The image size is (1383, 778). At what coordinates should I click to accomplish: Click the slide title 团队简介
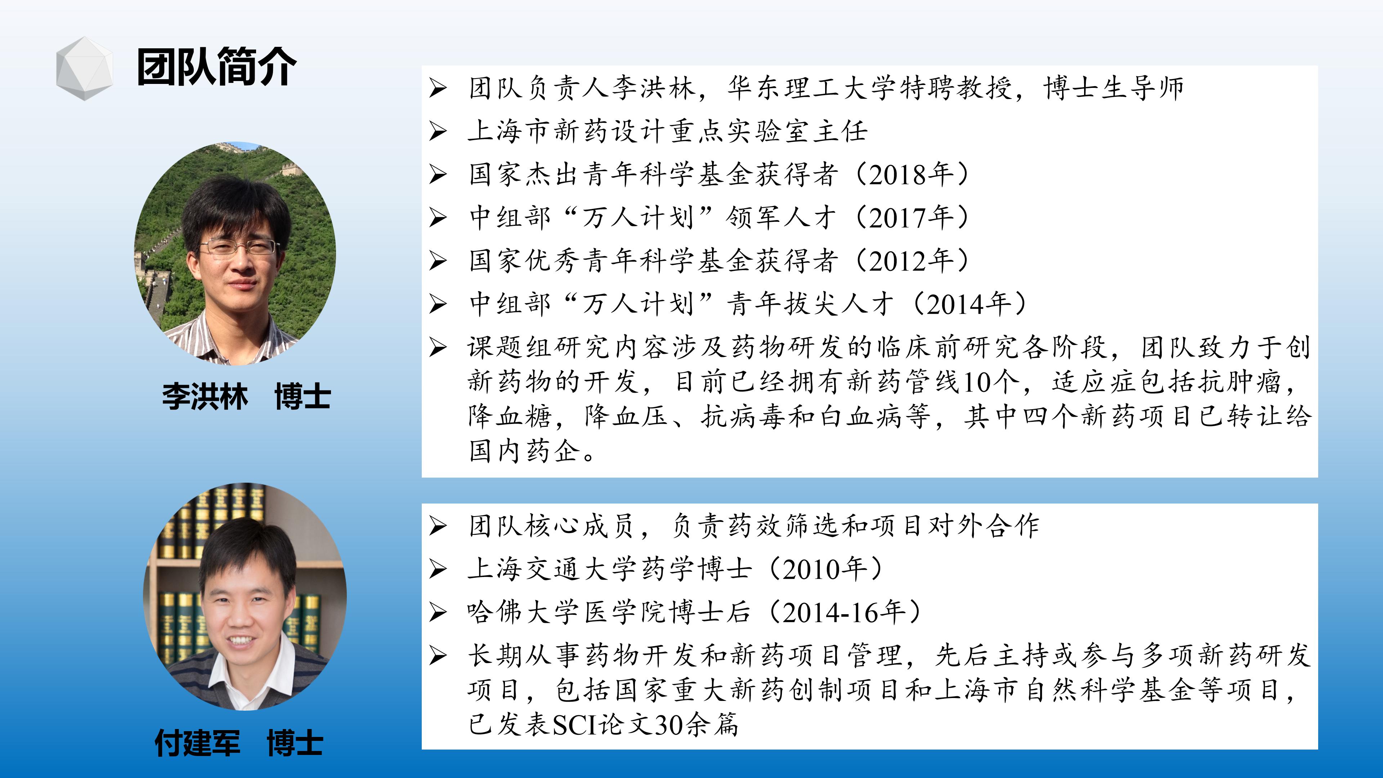[216, 67]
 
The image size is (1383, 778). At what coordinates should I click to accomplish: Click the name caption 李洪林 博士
[246, 397]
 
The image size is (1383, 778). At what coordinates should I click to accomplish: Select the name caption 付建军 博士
[239, 743]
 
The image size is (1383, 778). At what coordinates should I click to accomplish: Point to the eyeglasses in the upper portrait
[240, 247]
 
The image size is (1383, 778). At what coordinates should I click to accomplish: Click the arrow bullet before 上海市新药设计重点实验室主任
[438, 131]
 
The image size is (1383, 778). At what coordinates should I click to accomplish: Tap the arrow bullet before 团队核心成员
[438, 526]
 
